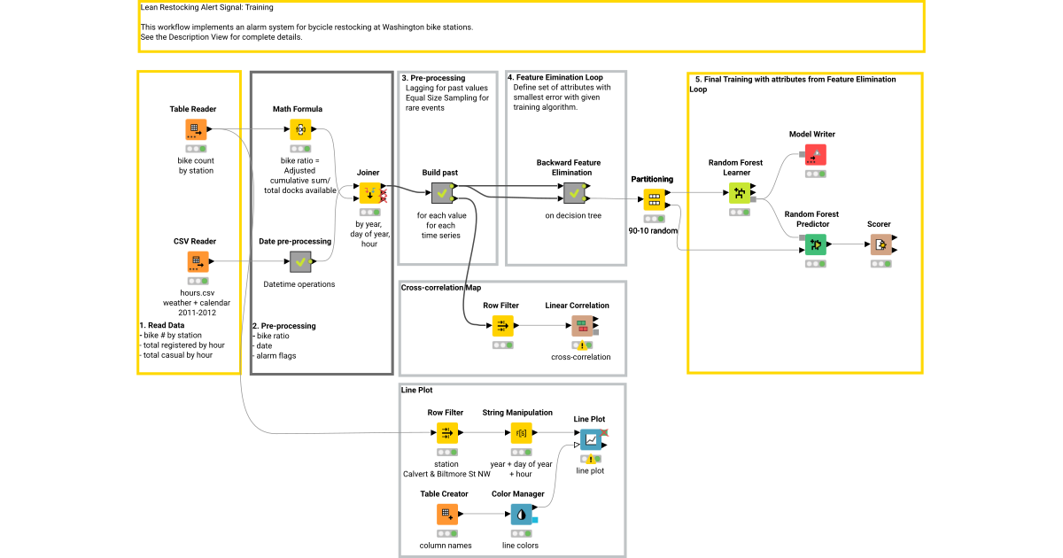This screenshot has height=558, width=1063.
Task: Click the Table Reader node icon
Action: (x=196, y=129)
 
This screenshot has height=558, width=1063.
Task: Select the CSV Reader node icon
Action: (x=196, y=261)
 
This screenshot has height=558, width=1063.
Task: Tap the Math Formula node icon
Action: (x=300, y=129)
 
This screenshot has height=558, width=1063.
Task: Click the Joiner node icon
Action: (x=369, y=192)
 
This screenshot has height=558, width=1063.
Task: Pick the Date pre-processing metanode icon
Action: (x=300, y=261)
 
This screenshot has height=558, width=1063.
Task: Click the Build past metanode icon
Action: (x=442, y=192)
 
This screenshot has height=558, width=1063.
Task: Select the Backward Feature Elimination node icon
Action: (x=573, y=192)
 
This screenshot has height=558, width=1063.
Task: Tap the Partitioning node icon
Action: (x=655, y=199)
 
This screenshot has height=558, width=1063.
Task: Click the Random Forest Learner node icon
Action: (x=740, y=192)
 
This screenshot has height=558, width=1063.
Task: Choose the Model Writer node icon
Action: (x=815, y=155)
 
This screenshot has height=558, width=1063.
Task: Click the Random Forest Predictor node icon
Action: (x=815, y=244)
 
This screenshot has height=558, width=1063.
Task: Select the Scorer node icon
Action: (x=880, y=244)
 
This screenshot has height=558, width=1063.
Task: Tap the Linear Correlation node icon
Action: (x=582, y=326)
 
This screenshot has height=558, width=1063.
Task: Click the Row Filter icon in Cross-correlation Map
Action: (x=502, y=326)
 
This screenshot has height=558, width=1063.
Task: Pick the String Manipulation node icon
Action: (x=521, y=433)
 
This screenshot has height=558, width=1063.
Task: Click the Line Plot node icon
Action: (x=590, y=438)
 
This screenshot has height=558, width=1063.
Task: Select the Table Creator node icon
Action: (x=447, y=515)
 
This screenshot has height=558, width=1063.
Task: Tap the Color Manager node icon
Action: (x=521, y=515)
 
